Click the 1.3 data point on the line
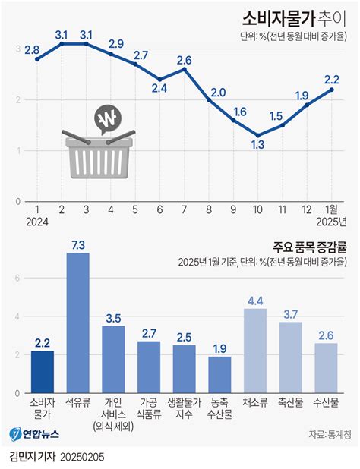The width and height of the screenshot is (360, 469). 258,135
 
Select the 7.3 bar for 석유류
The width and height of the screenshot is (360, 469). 77,323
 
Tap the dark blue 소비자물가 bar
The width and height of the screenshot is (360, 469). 43,372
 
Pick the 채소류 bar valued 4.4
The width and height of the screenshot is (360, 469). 255,351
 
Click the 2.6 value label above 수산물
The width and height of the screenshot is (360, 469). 326,335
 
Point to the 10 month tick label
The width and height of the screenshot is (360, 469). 257,209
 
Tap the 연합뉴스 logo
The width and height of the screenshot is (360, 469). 34,433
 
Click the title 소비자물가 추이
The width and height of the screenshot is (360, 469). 294,20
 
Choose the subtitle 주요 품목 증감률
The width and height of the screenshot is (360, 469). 309,247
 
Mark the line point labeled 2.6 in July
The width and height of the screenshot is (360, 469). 185,69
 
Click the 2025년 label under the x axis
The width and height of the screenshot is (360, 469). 331,222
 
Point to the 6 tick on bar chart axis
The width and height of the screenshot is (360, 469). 17,279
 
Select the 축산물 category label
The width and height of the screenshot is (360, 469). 291,402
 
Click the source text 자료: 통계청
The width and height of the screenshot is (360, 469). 330,434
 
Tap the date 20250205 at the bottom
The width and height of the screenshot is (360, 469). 82,457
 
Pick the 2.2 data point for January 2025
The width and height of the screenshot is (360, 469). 332,90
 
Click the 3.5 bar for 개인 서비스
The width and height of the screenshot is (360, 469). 113,360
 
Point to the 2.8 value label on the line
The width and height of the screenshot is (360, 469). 32,50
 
